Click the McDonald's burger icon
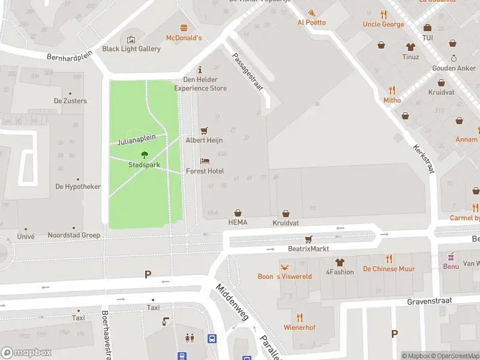pyautogui.click(x=184, y=28)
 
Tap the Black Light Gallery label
pyautogui.click(x=131, y=49)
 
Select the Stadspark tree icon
pyautogui.click(x=144, y=155)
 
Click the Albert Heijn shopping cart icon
pyautogui.click(x=204, y=130)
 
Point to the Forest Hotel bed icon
pyautogui.click(x=205, y=161)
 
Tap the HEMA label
pyautogui.click(x=238, y=222)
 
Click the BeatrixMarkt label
pyautogui.click(x=309, y=248)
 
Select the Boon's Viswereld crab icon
pyautogui.click(x=284, y=266)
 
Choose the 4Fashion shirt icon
pyautogui.click(x=340, y=262)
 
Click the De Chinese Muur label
pyautogui.click(x=389, y=269)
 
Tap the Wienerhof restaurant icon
pyautogui.click(x=299, y=317)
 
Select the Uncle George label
pyautogui.click(x=383, y=25)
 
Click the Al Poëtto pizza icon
pyautogui.click(x=311, y=13)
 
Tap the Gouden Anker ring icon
pyautogui.click(x=454, y=58)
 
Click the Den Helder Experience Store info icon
pyautogui.click(x=200, y=70)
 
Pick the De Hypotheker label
pyautogui.click(x=78, y=187)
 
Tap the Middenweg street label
pyautogui.click(x=232, y=302)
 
